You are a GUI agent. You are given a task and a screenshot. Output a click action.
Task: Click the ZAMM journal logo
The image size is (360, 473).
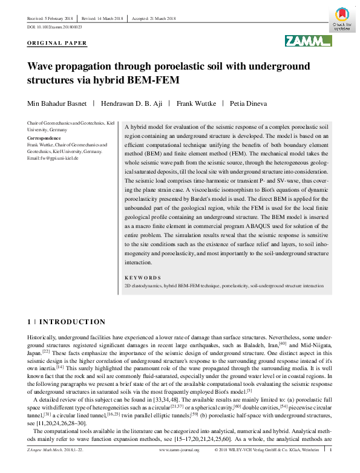tap(309, 41)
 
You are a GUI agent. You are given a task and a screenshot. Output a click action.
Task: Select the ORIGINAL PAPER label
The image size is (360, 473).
tap(57, 44)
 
